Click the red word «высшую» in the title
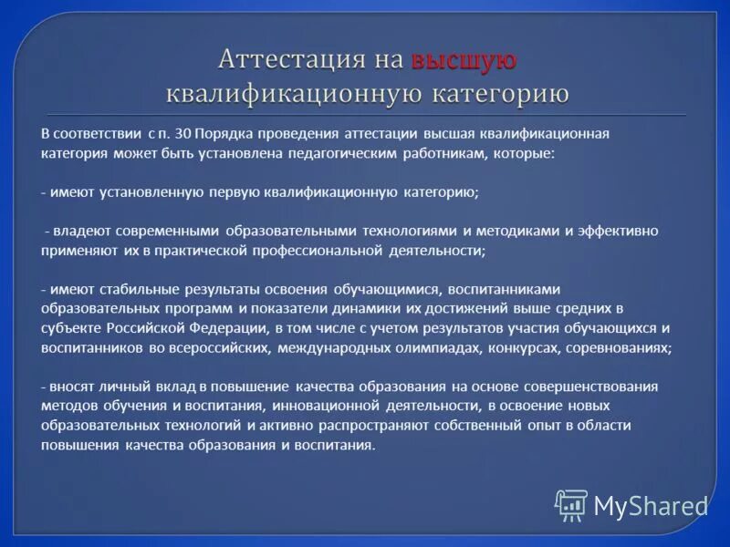(x=464, y=60)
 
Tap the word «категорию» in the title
(x=494, y=93)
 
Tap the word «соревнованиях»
(x=618, y=347)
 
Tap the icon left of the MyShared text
(x=571, y=504)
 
